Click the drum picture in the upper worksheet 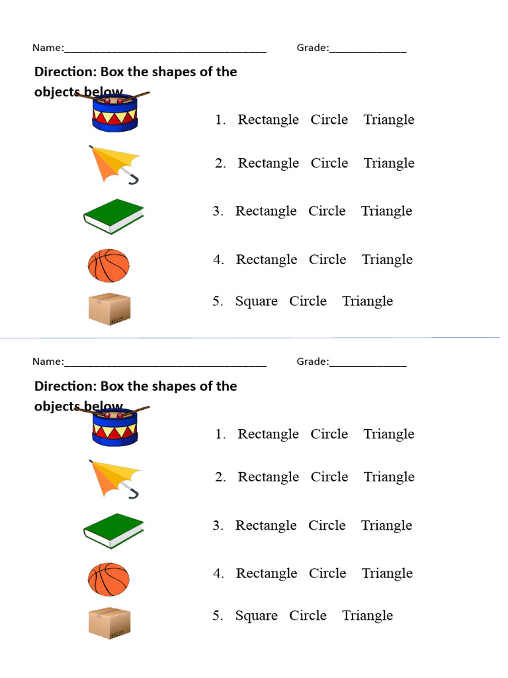(x=115, y=113)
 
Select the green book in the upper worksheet (x=114, y=217)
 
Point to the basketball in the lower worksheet (x=109, y=579)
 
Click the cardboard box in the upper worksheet (x=110, y=309)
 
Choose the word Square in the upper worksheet (x=257, y=301)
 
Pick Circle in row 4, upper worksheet (x=328, y=260)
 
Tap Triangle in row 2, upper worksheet (x=389, y=164)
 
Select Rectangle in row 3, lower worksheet (x=266, y=526)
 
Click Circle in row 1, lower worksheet (x=329, y=434)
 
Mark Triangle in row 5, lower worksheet (x=368, y=616)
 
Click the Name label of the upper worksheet (x=48, y=48)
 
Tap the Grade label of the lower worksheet (x=313, y=362)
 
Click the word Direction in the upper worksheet (x=65, y=72)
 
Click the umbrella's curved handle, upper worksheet (x=132, y=177)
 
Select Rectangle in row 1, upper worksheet (x=269, y=120)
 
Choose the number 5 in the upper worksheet (x=217, y=301)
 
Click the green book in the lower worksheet (x=114, y=531)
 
